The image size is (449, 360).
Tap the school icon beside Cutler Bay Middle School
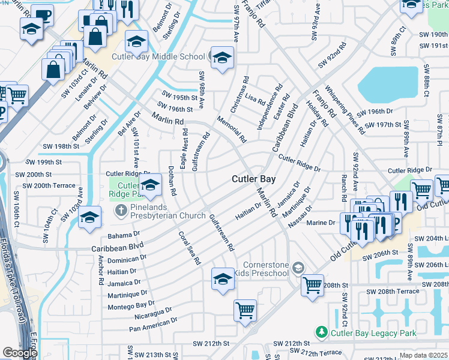[222, 58]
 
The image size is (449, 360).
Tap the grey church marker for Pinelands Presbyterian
[120, 210]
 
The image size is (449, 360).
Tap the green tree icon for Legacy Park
[322, 332]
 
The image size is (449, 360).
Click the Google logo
[20, 353]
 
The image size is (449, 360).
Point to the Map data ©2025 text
[423, 355]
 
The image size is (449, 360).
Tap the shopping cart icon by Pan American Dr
[245, 310]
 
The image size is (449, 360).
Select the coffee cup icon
[42, 14]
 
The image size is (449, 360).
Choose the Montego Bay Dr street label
[131, 306]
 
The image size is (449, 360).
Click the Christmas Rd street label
[240, 95]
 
